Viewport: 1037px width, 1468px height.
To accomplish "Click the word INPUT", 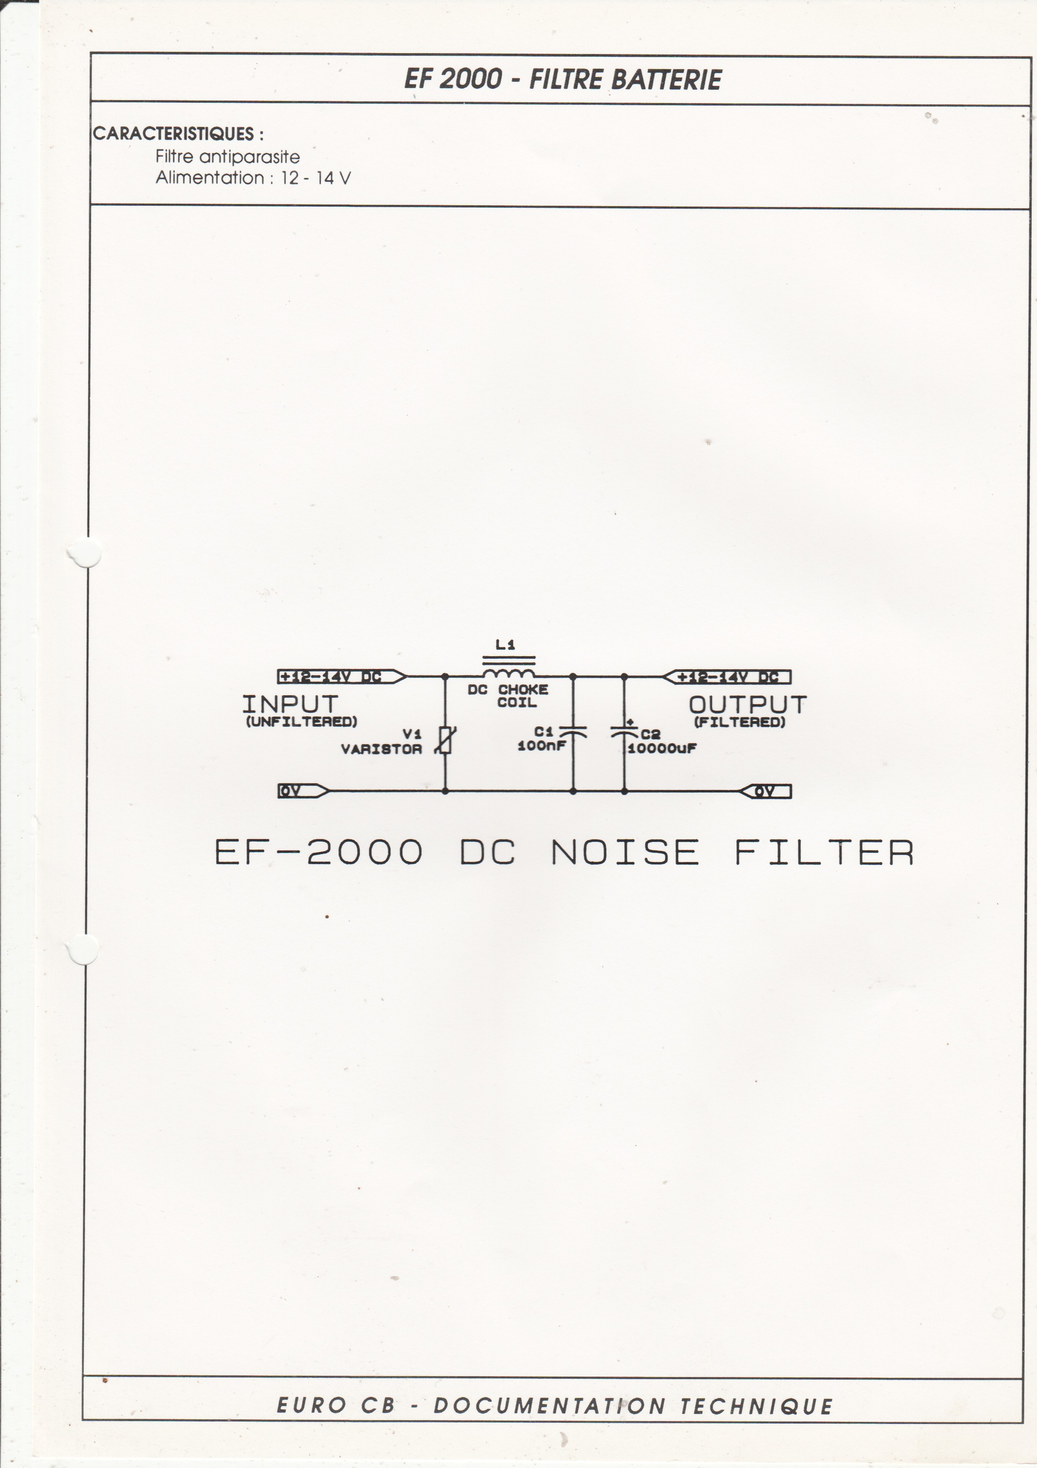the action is tap(290, 704).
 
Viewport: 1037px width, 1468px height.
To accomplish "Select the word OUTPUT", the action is tap(747, 704).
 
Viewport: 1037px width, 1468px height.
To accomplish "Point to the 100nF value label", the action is tap(541, 746).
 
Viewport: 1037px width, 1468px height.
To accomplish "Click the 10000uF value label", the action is tap(662, 748).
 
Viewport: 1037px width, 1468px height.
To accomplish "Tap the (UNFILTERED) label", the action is tap(301, 722).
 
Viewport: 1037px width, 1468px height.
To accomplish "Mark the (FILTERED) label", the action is tap(740, 722).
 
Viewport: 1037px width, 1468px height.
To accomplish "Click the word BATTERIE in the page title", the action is tap(667, 80).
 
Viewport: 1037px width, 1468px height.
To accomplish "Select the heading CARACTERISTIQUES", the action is tap(174, 134).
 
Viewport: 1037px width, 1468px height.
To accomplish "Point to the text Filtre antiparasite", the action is tap(227, 157).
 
